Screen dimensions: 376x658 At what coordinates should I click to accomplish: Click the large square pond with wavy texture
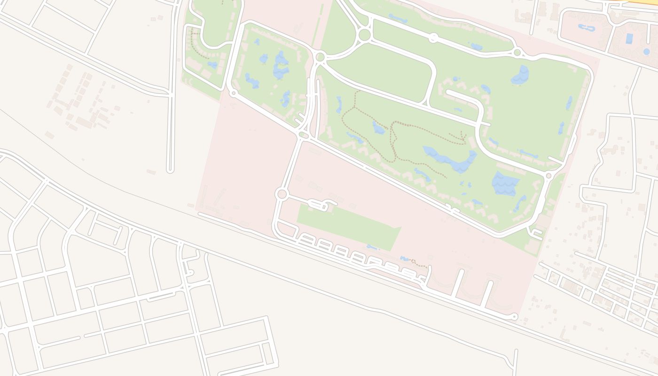[505, 184]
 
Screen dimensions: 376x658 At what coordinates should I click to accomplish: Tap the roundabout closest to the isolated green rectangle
[282, 194]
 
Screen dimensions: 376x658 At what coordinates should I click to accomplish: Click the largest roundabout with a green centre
[364, 35]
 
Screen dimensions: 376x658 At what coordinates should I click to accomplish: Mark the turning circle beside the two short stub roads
[515, 316]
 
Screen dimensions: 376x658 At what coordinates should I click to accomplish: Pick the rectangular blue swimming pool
[629, 39]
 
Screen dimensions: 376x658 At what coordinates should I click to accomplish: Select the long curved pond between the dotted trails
[449, 159]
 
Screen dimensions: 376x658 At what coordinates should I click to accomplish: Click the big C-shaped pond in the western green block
[281, 66]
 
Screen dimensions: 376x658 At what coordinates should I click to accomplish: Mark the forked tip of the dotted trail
[463, 138]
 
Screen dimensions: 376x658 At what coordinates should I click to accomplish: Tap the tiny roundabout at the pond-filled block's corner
[233, 93]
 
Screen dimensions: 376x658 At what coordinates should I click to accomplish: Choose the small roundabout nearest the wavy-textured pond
[548, 176]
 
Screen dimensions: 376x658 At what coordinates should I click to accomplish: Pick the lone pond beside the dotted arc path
[212, 65]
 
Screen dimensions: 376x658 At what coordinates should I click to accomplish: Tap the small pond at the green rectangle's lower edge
[373, 247]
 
